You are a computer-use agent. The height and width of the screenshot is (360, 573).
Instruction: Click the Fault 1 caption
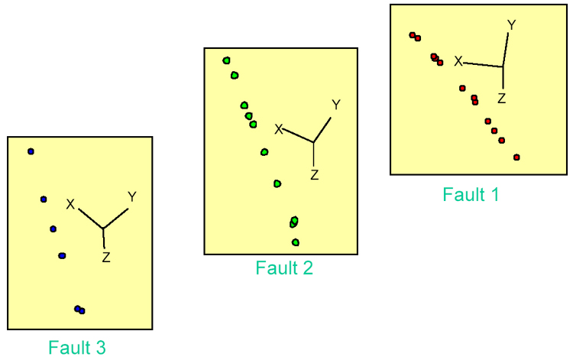tap(471, 195)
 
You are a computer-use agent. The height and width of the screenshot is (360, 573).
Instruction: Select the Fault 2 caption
tap(284, 268)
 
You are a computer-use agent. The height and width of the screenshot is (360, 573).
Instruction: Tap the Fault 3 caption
tap(77, 348)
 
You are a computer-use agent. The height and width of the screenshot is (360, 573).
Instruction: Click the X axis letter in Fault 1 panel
tap(458, 61)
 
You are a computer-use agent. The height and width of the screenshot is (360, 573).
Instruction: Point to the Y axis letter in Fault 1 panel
tap(512, 25)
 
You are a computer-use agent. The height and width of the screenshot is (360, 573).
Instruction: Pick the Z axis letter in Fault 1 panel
tap(502, 98)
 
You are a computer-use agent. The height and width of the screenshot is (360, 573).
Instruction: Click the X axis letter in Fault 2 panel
tap(279, 129)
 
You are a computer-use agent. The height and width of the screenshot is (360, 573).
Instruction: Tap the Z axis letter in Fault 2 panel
tap(314, 175)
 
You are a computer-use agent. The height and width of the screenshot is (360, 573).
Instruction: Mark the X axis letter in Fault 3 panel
tap(70, 204)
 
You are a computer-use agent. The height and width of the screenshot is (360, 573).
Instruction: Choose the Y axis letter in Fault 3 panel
tap(132, 197)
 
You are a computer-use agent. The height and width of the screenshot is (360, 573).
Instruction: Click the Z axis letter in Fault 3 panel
tap(106, 258)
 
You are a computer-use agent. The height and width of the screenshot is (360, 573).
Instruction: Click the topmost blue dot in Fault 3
tap(31, 151)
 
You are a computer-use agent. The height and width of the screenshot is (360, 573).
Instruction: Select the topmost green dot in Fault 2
tap(226, 60)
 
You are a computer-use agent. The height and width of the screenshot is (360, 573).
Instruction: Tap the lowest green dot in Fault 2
tap(296, 242)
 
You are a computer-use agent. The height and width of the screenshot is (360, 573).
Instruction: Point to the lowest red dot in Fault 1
tap(516, 157)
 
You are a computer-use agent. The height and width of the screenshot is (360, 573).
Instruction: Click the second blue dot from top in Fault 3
tap(44, 199)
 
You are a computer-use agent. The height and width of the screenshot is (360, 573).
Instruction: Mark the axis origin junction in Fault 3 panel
tap(103, 228)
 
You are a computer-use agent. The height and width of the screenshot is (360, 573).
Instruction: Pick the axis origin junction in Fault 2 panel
tap(314, 142)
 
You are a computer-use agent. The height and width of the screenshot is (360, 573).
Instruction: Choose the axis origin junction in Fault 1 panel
tap(503, 66)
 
